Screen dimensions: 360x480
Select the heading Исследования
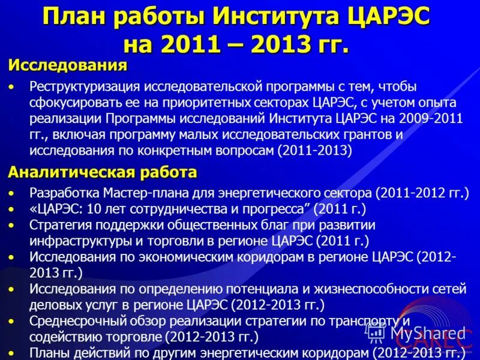[x=67, y=65]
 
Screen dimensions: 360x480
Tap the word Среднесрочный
[x=70, y=320]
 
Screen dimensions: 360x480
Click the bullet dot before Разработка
[x=13, y=194]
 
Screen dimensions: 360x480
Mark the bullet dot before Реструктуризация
[x=13, y=87]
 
